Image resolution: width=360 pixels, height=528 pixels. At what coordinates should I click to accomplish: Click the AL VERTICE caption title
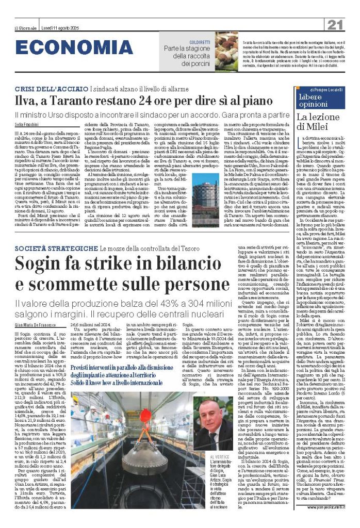coord(219,457)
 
